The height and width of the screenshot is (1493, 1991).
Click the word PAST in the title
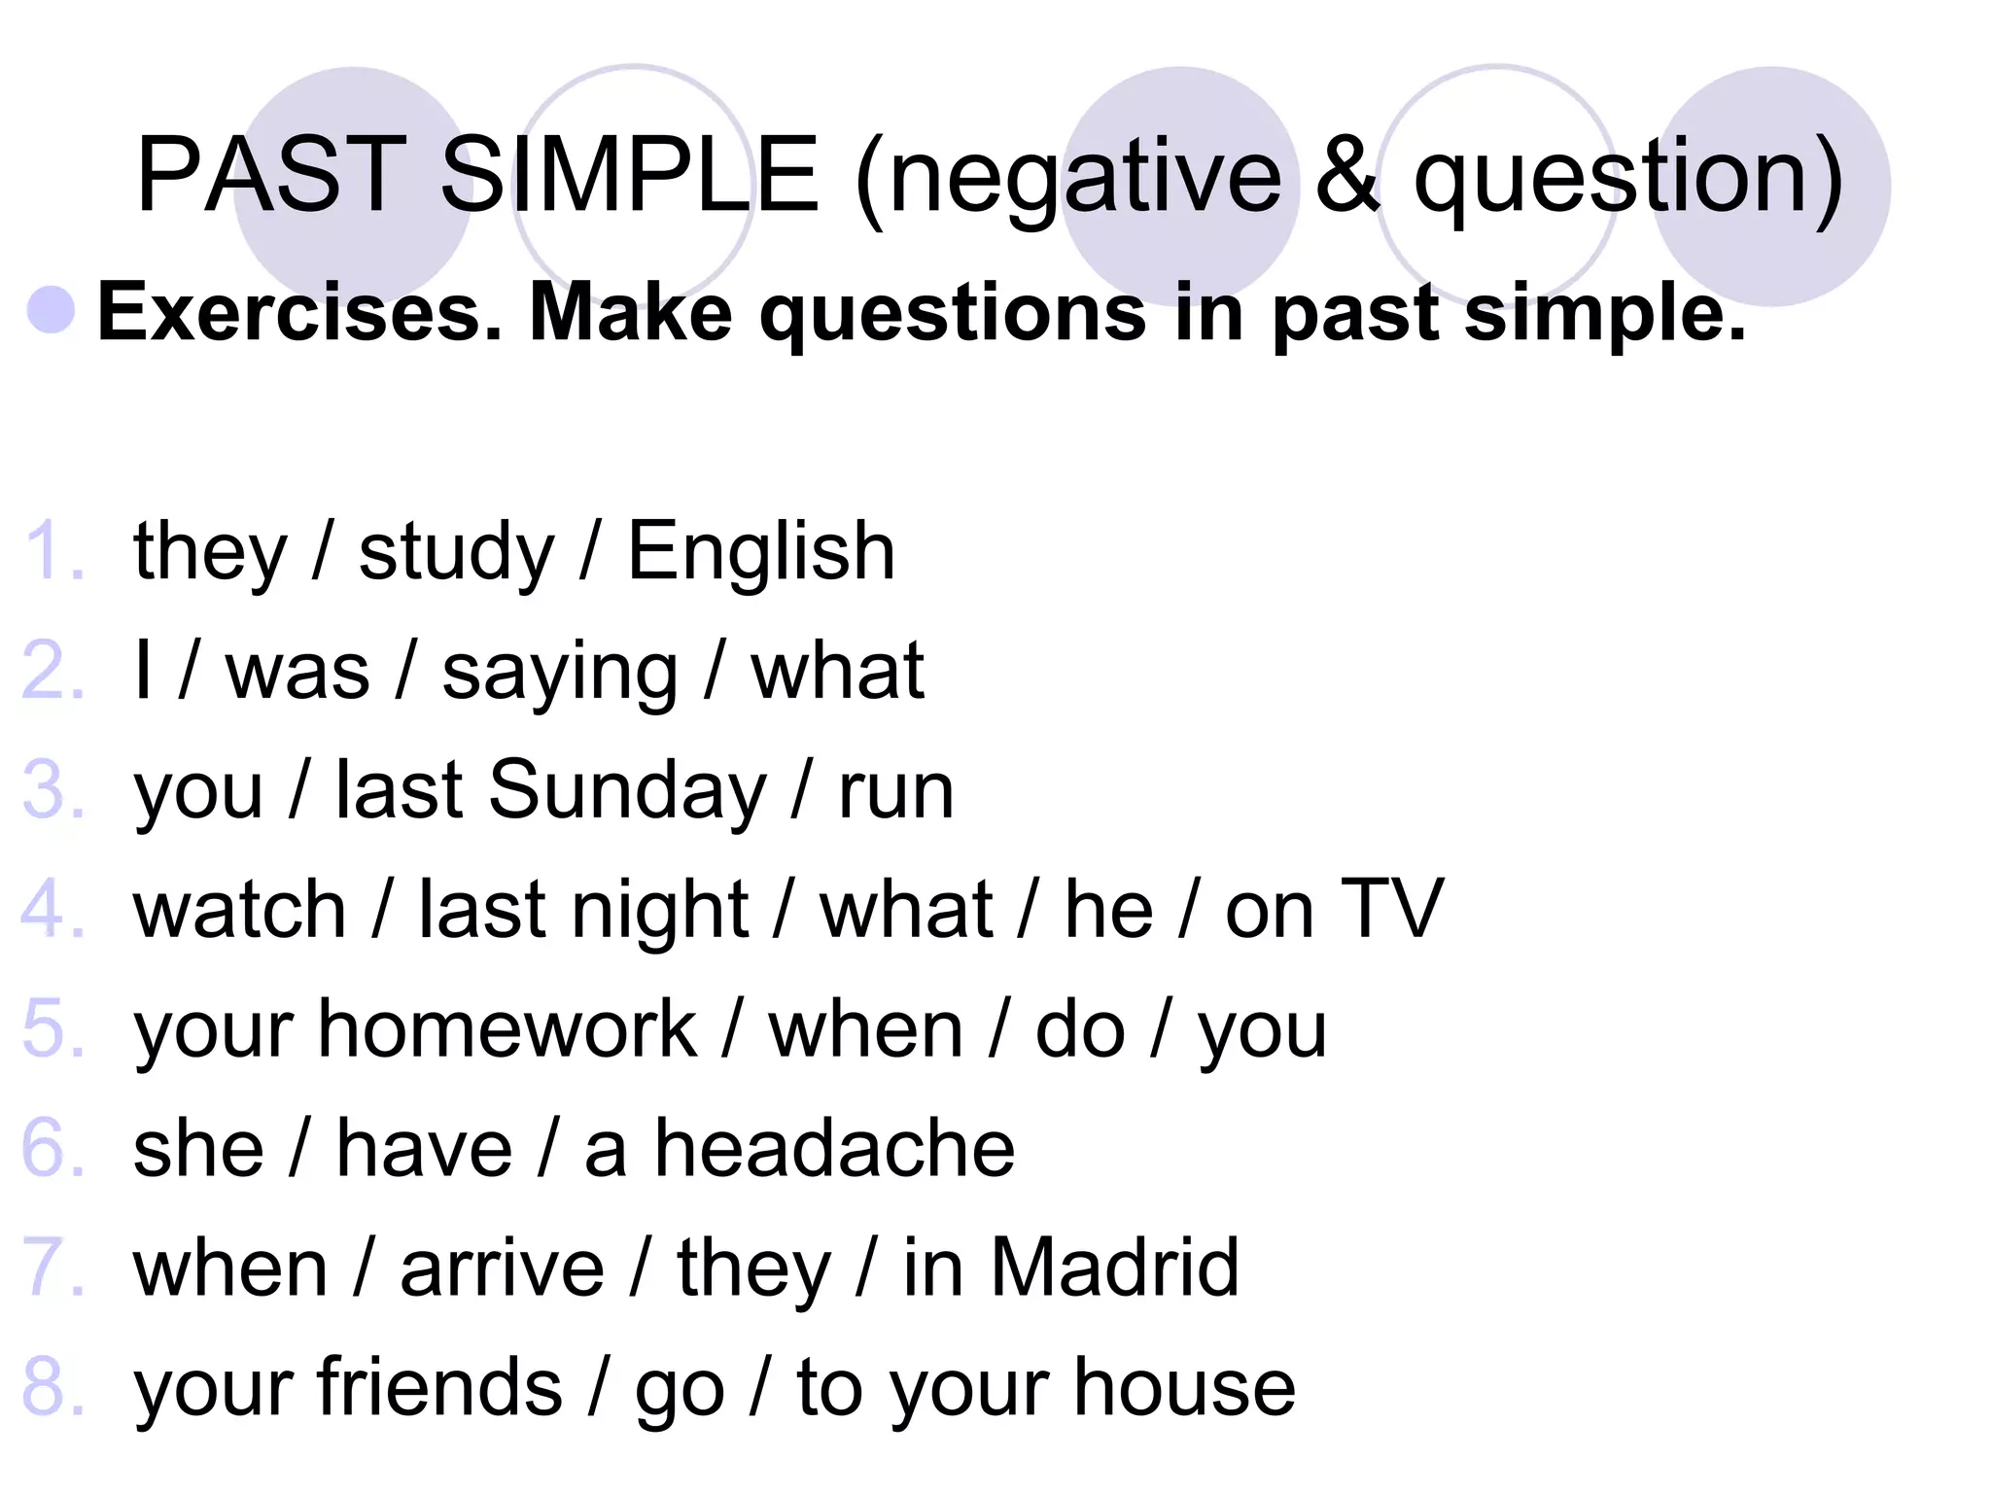[x=271, y=175]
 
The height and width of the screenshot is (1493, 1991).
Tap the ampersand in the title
[x=1346, y=175]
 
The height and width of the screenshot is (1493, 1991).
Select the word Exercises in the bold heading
[x=299, y=313]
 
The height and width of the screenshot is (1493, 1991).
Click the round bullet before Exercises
[x=52, y=311]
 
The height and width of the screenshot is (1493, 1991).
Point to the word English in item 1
[x=761, y=551]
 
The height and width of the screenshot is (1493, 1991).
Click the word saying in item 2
[x=560, y=673]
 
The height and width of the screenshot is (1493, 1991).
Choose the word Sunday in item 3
[x=628, y=789]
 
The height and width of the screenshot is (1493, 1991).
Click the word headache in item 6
[x=834, y=1148]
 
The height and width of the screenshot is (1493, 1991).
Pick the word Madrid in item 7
[x=1114, y=1267]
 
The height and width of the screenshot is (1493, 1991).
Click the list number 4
[x=51, y=910]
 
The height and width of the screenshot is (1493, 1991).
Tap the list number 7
[x=51, y=1267]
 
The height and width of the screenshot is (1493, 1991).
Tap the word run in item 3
[x=895, y=791]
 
